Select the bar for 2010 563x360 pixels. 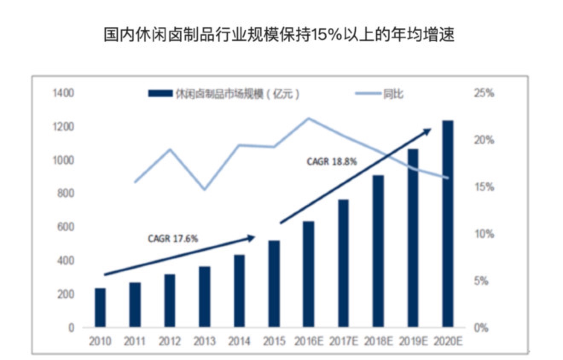pos(100,308)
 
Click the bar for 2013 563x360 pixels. pos(204,297)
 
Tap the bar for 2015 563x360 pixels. pos(274,284)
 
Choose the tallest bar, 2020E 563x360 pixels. pos(447,224)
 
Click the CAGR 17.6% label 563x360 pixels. pos(173,239)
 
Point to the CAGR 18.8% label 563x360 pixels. pos(331,162)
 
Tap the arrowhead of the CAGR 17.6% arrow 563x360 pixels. pos(252,237)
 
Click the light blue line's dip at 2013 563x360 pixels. pos(204,189)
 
